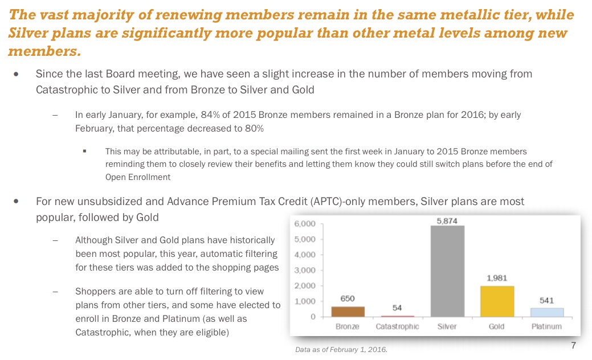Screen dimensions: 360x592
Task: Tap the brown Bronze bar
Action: pos(348,311)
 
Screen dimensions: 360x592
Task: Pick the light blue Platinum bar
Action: pos(546,312)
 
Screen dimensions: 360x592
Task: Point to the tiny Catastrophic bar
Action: pos(397,316)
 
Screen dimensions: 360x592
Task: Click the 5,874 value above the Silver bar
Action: pos(447,220)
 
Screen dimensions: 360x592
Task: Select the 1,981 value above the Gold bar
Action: pos(497,278)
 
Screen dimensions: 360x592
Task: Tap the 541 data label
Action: pos(546,300)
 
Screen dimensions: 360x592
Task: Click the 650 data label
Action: pos(348,298)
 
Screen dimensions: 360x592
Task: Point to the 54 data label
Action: pos(397,308)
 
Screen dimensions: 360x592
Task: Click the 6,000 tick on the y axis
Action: pos(304,224)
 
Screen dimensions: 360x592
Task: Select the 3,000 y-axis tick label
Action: pos(304,270)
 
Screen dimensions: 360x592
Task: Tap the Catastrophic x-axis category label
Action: pos(397,327)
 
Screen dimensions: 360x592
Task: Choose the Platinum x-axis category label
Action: pos(546,327)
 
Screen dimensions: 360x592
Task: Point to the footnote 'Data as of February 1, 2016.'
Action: pos(341,349)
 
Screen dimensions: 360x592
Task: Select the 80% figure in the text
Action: pos(254,128)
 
